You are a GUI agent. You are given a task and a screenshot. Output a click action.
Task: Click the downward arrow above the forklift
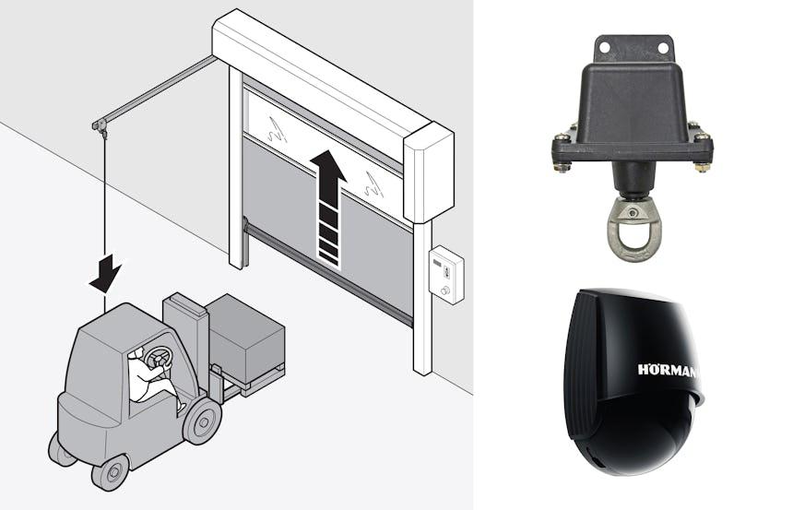click(105, 273)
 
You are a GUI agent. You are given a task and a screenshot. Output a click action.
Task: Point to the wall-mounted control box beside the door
click(446, 275)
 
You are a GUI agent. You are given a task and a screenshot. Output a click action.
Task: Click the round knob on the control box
click(445, 291)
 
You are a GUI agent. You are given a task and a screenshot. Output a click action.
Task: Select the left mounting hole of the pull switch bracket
click(604, 47)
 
